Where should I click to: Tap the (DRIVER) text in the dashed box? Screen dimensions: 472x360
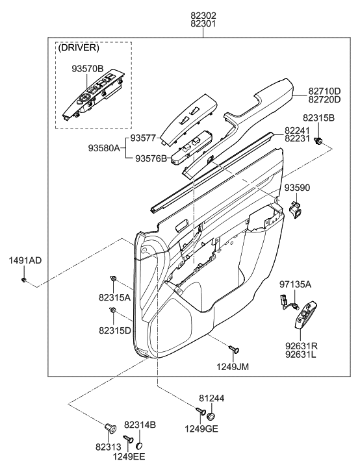point(78,49)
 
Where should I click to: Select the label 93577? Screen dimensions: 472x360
point(144,138)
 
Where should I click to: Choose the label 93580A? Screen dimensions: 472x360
point(105,148)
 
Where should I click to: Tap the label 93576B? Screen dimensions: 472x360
point(150,158)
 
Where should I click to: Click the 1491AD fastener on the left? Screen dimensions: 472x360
point(24,280)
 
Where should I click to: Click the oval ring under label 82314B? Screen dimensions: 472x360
point(140,446)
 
